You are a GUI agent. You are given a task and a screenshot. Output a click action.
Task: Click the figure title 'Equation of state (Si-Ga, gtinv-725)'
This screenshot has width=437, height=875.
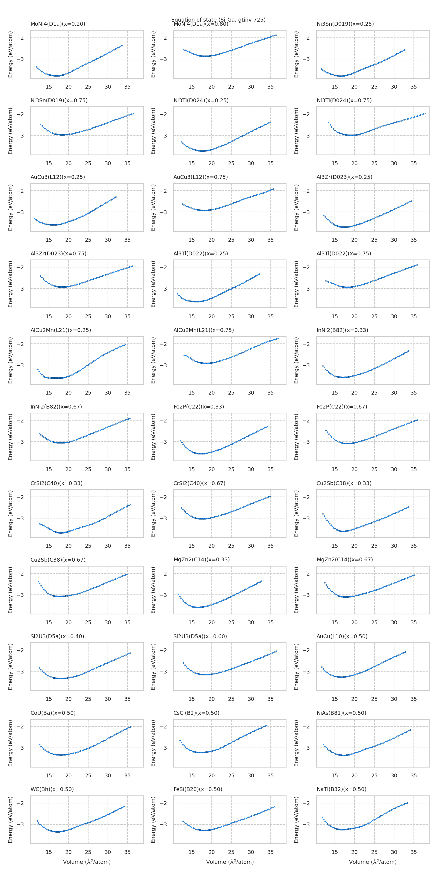click(x=218, y=19)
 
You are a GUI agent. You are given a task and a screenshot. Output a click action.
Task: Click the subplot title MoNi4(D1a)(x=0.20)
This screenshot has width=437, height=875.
click(x=58, y=24)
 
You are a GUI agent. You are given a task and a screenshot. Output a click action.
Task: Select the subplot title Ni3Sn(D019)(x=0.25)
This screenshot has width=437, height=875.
click(x=345, y=24)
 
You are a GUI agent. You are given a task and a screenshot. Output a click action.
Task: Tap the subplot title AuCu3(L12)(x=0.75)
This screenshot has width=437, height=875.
click(x=200, y=177)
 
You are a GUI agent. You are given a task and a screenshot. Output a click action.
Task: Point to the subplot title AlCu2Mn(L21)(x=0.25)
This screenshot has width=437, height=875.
click(x=61, y=330)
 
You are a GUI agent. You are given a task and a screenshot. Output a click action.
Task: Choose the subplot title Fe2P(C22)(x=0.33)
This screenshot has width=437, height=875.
click(x=199, y=407)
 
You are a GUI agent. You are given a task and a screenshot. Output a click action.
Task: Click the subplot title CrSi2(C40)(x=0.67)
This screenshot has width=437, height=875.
click(x=199, y=483)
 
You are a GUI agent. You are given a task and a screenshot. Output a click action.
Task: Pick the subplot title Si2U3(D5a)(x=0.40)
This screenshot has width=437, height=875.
click(x=57, y=636)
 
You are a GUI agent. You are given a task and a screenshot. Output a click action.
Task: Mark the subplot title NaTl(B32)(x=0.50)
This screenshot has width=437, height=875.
click(x=341, y=789)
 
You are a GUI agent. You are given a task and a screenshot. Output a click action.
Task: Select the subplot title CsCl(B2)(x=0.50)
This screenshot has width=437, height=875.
click(x=196, y=713)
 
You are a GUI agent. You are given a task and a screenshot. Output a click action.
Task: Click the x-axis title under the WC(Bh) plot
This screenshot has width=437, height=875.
click(x=87, y=862)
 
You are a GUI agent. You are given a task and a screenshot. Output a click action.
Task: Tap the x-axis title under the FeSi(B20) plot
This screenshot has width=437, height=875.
click(x=230, y=862)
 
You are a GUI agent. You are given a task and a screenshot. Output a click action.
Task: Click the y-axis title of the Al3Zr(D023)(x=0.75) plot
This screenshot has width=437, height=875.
click(x=11, y=284)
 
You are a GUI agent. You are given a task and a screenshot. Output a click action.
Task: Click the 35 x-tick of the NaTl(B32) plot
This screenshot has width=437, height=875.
click(x=414, y=852)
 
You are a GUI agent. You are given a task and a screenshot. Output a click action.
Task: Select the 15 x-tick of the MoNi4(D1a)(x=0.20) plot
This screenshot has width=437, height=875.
click(x=49, y=87)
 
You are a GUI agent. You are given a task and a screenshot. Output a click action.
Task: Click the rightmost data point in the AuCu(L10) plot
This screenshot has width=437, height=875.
click(x=405, y=652)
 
